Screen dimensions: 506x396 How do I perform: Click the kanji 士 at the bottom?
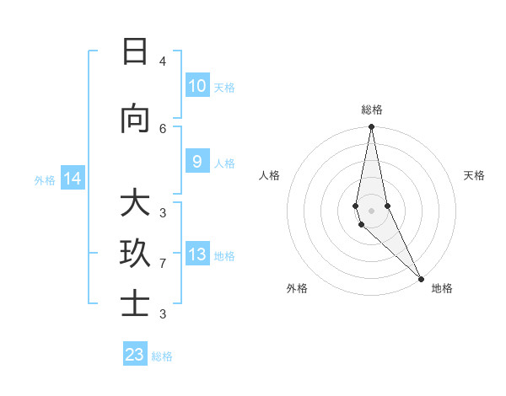click(x=134, y=304)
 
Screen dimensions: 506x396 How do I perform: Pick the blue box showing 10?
click(x=196, y=86)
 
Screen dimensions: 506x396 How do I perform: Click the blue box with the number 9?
click(x=196, y=162)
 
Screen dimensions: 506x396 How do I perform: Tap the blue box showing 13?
click(x=196, y=254)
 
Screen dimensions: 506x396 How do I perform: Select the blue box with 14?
click(x=73, y=179)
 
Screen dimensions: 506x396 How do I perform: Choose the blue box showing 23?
click(x=135, y=355)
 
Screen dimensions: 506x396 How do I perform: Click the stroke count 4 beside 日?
click(x=163, y=62)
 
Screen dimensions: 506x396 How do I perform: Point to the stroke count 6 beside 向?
click(x=163, y=128)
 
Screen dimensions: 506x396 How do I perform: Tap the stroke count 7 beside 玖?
click(x=163, y=264)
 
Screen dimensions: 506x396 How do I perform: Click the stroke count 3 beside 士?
click(x=163, y=314)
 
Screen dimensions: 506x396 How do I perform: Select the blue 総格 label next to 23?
click(x=162, y=356)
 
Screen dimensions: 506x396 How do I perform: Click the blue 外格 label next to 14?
click(x=45, y=180)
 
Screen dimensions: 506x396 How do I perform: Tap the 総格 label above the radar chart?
click(x=372, y=110)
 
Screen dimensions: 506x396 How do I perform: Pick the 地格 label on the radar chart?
click(x=442, y=288)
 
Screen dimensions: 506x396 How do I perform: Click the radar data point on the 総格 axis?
click(x=371, y=127)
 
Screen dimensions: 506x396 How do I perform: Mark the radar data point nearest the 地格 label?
click(x=421, y=278)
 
